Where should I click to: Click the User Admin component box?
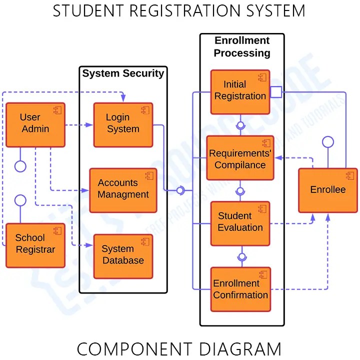tap(35, 125)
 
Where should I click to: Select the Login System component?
tap(123, 125)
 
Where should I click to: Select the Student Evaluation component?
tap(240, 223)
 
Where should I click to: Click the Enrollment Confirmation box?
tap(240, 289)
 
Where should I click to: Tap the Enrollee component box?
tap(327, 190)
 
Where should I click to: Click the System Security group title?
tap(123, 73)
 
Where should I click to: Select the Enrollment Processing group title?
tap(242, 46)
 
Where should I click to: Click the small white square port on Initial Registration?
tap(276, 92)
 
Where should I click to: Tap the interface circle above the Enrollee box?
tap(327, 142)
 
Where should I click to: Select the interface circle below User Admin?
tap(20, 166)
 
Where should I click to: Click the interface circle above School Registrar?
tap(20, 200)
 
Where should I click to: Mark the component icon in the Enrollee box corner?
tap(349, 175)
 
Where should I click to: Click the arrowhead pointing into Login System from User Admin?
tap(90, 125)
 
